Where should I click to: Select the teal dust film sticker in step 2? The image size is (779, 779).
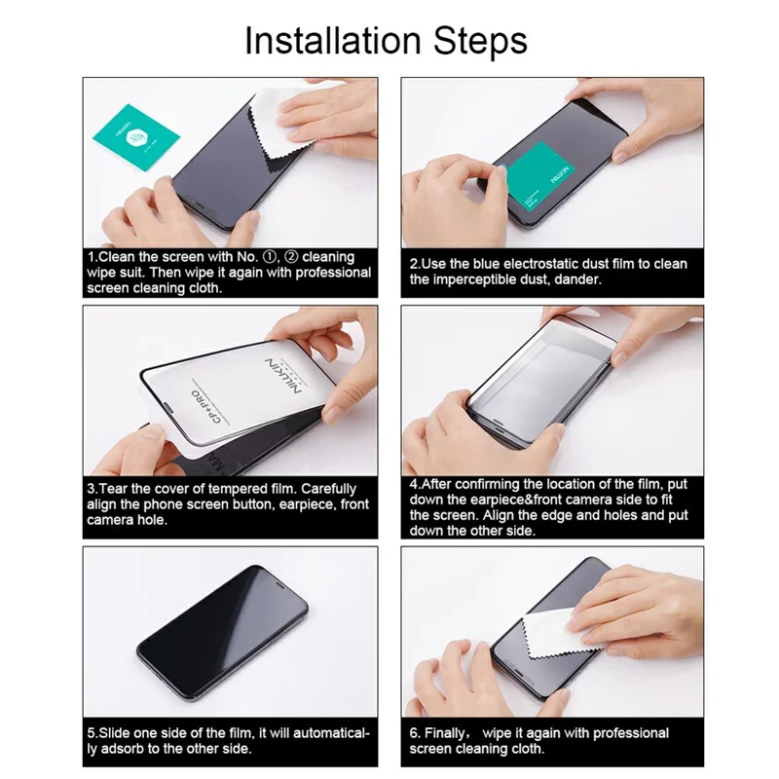(x=531, y=180)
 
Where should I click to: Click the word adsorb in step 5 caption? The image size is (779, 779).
(x=135, y=749)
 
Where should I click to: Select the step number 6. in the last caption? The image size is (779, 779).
(x=415, y=733)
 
